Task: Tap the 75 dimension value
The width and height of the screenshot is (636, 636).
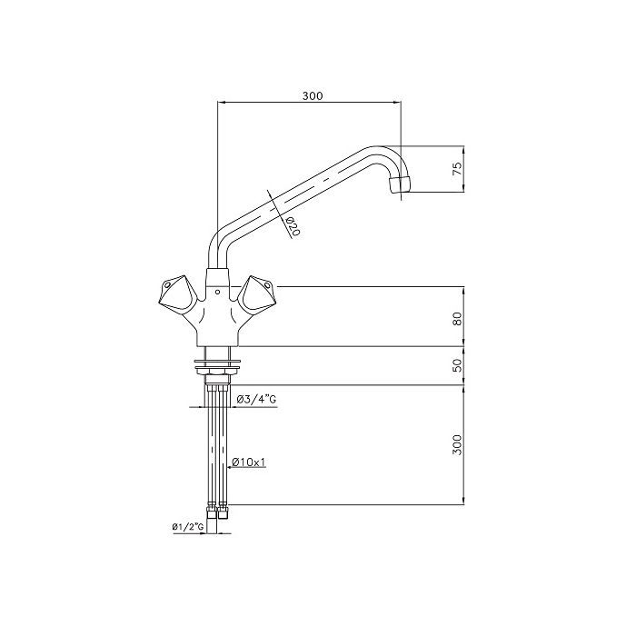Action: [x=458, y=168]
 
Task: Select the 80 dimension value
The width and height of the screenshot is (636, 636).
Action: [x=458, y=318]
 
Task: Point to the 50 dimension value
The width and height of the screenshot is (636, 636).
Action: [x=458, y=365]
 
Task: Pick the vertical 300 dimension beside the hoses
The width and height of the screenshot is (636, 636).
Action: [x=458, y=444]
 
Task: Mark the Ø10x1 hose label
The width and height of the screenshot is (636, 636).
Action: [x=248, y=462]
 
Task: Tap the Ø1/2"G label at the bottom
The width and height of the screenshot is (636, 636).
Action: [x=186, y=527]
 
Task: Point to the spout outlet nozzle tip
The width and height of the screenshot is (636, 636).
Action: [x=399, y=187]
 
